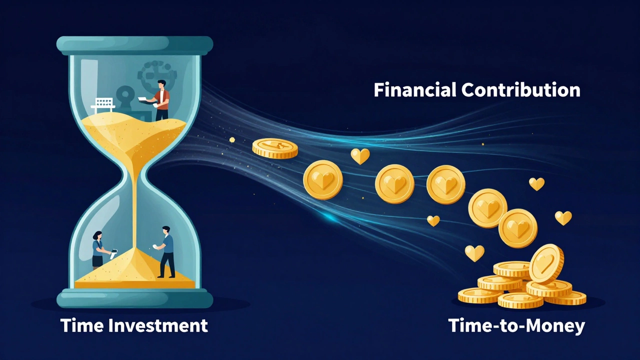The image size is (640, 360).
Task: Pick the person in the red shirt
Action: click(x=161, y=100)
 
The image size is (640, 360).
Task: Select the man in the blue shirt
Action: click(x=166, y=251)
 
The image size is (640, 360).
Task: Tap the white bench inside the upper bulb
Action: click(x=103, y=104)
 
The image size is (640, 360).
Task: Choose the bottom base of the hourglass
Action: click(x=135, y=298)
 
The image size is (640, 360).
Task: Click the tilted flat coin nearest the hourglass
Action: click(x=274, y=148)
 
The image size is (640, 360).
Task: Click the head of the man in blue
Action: click(x=166, y=230)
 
